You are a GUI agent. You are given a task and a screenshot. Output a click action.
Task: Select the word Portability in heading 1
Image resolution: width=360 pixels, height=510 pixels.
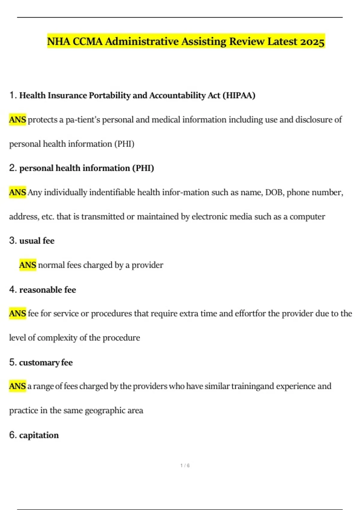click(109, 95)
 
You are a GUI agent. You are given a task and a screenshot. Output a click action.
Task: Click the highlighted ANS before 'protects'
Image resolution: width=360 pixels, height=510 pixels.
click(17, 120)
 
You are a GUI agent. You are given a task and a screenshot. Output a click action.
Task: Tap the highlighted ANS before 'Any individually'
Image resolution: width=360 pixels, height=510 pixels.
click(17, 192)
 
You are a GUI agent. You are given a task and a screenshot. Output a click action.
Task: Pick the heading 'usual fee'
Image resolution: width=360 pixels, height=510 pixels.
click(37, 241)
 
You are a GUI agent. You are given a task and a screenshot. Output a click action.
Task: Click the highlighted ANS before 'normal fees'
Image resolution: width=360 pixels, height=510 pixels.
click(28, 265)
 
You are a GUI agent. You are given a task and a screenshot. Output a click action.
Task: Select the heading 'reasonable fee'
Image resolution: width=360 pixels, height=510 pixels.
click(47, 290)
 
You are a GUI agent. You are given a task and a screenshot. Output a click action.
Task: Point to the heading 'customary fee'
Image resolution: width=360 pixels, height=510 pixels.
click(46, 363)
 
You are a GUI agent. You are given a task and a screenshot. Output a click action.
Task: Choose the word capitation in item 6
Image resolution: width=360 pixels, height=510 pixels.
click(39, 435)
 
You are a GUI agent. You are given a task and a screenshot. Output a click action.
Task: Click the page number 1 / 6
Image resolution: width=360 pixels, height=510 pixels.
click(185, 466)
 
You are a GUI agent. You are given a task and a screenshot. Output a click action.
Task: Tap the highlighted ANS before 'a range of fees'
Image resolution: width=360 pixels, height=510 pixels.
click(17, 386)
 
